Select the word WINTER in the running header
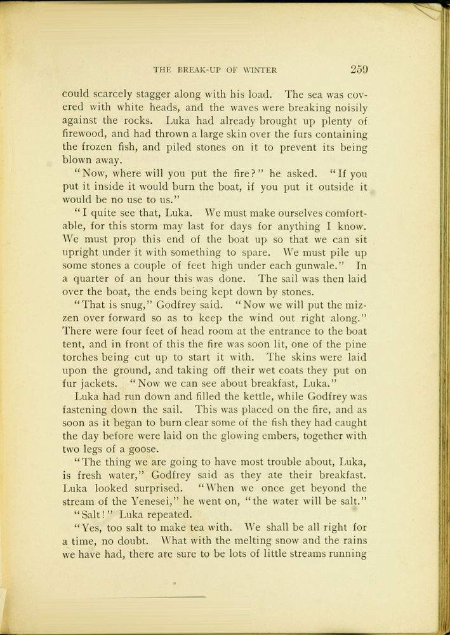pos(260,70)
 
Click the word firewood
pos(83,134)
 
